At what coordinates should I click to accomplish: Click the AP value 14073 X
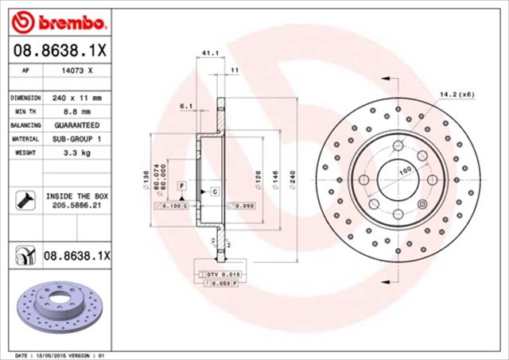[x=76, y=71]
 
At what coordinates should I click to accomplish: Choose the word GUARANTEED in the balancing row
[x=77, y=125]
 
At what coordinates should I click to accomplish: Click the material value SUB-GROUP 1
[x=77, y=138]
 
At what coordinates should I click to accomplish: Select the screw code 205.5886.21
[x=77, y=205]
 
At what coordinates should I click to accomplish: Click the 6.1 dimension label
[x=186, y=106]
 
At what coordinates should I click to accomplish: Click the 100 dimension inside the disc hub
[x=405, y=171]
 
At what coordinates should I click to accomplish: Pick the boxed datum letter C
[x=214, y=192]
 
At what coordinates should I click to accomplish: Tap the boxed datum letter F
[x=182, y=184]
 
